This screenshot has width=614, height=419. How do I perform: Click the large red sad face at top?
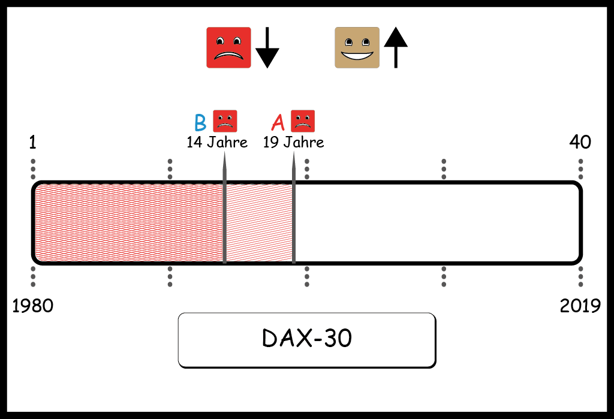pos(228,47)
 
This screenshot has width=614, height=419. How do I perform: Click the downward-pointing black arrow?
pos(267,47)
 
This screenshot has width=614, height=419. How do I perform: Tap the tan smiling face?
pos(357,47)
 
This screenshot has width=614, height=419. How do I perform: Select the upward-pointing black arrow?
pos(396,47)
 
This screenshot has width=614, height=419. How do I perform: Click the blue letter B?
pos(200,122)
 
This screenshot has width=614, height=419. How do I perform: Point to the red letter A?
pos(278,122)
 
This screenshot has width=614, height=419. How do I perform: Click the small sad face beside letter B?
pos(225,121)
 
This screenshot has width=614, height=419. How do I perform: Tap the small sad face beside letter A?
pos(303,121)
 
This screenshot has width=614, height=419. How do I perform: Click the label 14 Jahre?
pos(217,142)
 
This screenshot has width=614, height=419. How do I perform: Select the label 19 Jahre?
pos(294,142)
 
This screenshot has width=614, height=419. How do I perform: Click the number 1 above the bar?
pos(33,142)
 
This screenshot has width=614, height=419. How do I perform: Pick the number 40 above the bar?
pos(580,141)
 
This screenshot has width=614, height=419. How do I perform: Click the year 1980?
pos(33,306)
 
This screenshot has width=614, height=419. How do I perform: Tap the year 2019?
pos(580,306)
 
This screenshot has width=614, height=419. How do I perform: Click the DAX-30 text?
pos(307,338)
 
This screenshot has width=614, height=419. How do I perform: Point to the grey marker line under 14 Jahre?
pos(224,207)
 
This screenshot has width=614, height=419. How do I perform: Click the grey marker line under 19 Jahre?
pos(294,207)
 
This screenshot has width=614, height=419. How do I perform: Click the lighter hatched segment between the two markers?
pos(259,223)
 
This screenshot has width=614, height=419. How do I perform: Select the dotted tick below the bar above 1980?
pos(33,276)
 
